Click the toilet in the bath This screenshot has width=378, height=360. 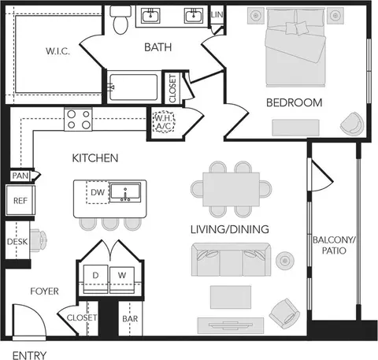click(x=120, y=20)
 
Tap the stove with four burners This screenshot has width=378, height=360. click(x=78, y=119)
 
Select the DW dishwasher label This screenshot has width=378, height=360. click(x=98, y=192)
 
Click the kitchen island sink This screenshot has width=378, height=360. click(x=125, y=192)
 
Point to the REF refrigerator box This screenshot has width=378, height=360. click(x=20, y=200)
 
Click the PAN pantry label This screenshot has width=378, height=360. click(x=20, y=176)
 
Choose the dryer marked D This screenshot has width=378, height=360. click(x=95, y=280)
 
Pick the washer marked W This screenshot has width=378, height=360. click(x=122, y=280)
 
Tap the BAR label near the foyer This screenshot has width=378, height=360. click(x=130, y=318)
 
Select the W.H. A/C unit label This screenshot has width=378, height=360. click(x=164, y=122)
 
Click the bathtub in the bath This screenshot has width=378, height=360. click(x=134, y=87)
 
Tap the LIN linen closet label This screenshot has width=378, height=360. click(x=217, y=14)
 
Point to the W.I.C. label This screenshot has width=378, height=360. click(x=57, y=50)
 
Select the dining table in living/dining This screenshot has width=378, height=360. click(x=232, y=189)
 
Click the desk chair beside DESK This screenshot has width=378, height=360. click(x=39, y=240)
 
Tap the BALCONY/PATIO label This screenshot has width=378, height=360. click(x=334, y=245)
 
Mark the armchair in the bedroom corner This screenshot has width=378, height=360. click(x=352, y=124)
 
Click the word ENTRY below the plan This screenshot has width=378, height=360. click(x=29, y=355)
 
